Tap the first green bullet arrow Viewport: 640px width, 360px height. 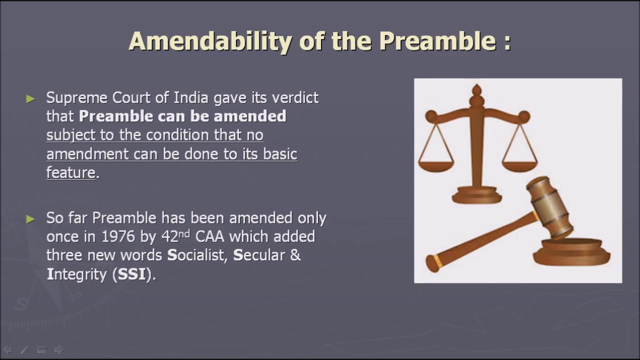coord(30,98)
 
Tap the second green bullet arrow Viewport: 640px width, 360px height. coord(30,218)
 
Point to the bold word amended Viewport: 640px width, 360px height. coord(250,116)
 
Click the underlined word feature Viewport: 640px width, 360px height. coord(70,172)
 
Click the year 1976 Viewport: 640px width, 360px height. coord(118,236)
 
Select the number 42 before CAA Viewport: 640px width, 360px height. coord(170,236)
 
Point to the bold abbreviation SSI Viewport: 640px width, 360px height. coord(131,274)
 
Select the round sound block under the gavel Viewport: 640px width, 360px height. coord(571,252)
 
